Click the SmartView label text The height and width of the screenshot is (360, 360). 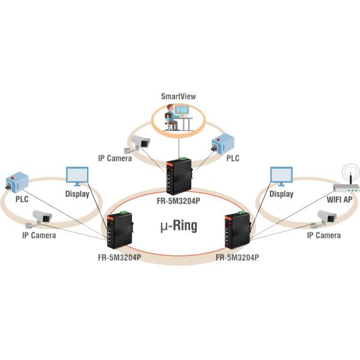(178, 96)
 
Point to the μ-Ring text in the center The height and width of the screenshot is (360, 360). (181, 226)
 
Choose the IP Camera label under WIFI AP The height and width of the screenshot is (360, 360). (323, 236)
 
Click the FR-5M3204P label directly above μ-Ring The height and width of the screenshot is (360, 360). (179, 201)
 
